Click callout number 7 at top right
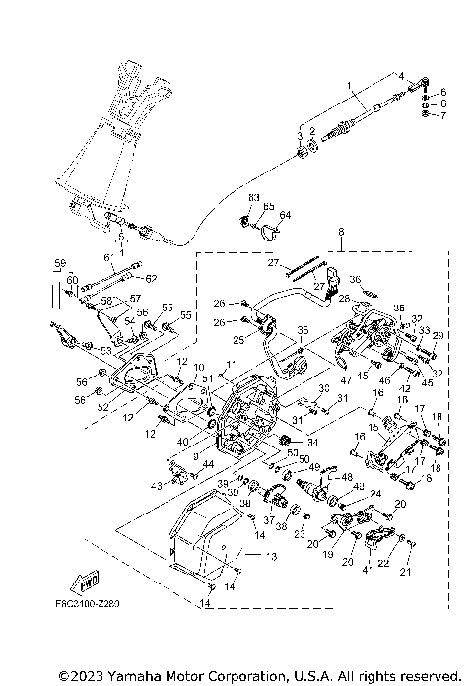[442, 115]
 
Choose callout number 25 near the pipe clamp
[238, 341]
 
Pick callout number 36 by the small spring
[356, 280]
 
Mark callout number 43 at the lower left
[155, 486]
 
